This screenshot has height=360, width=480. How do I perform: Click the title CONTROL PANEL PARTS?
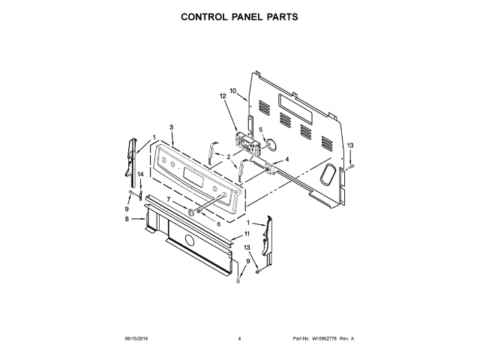(239, 16)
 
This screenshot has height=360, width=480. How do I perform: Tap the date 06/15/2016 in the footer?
(136, 339)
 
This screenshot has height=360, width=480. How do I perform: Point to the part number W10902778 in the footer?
(323, 339)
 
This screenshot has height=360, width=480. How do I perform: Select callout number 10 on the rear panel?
(233, 91)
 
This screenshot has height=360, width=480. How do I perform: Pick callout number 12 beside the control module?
(222, 97)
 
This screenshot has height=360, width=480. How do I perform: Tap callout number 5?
(261, 128)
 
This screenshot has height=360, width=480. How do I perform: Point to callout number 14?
(139, 175)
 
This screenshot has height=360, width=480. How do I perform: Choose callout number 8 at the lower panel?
(127, 219)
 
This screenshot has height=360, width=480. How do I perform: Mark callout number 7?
(169, 199)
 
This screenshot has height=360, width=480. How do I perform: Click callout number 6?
(218, 223)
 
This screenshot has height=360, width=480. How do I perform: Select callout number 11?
(247, 235)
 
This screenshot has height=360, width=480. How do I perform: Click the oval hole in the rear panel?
(328, 174)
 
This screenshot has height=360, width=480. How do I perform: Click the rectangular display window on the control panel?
(191, 180)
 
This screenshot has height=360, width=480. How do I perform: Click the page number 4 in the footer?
(238, 339)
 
